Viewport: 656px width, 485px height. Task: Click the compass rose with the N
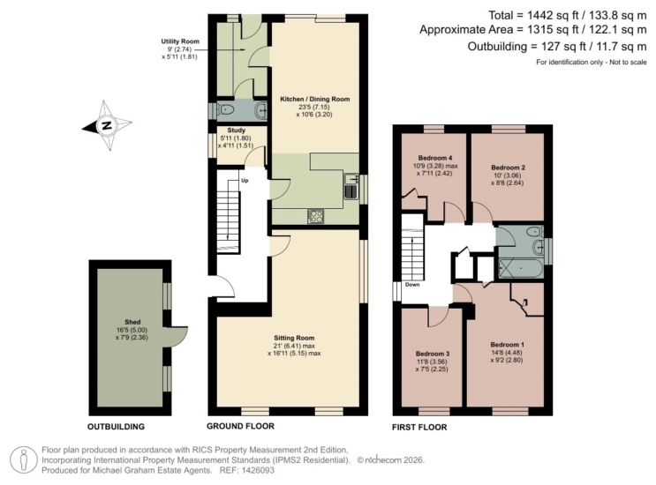coord(107,125)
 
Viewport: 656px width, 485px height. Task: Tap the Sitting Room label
coord(294,338)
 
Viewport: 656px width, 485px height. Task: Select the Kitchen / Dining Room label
coord(314,99)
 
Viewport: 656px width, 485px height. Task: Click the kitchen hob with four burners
coord(316,215)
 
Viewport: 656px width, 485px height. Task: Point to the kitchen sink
coord(351,185)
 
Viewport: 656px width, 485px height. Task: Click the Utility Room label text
coord(180,41)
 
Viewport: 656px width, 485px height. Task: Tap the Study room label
coord(237,131)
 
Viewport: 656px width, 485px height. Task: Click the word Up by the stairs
coord(245,181)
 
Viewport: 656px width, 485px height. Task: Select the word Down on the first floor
coord(412,285)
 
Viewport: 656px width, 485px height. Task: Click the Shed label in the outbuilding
coord(132,322)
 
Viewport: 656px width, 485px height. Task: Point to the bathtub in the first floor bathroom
coord(521,268)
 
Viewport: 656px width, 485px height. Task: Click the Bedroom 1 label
coord(507,345)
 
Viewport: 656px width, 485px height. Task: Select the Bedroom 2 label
coord(508,168)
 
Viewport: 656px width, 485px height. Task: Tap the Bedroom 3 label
coord(433,354)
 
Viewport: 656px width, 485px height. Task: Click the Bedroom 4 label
coord(435,158)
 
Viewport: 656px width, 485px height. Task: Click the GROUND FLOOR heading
coord(240,426)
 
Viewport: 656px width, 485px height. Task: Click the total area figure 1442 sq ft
coord(555,16)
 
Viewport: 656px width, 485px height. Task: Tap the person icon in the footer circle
coord(24,460)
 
